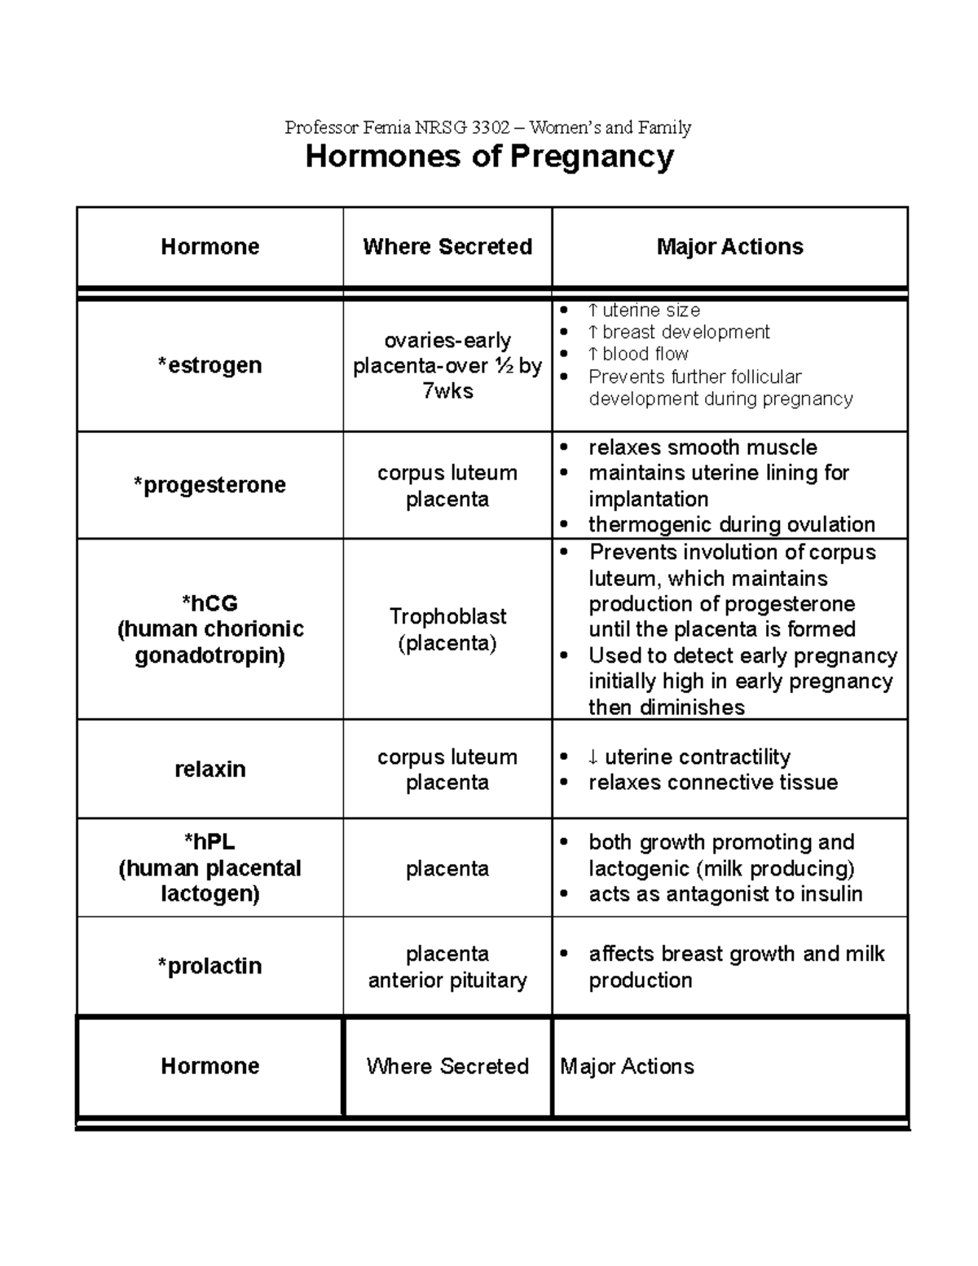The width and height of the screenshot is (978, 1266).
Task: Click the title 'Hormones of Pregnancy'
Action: coord(489,157)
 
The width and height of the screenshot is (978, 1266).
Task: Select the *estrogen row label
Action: coord(209,365)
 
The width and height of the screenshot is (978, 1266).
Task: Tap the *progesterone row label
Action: coord(209,485)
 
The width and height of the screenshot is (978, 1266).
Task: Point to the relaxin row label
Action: coord(209,769)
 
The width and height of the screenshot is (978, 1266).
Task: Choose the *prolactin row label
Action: coord(209,966)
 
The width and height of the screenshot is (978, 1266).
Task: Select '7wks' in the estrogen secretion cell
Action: coord(447,391)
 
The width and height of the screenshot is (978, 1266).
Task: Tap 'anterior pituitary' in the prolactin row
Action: coord(447,980)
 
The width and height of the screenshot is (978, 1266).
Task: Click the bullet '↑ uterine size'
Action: coord(643,311)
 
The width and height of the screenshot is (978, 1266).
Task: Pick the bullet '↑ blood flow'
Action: coord(637,354)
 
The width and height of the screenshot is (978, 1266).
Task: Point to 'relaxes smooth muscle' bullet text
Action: coord(703,448)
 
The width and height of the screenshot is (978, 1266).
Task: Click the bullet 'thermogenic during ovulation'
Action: coord(731,524)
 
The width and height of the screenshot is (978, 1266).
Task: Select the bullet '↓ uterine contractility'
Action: coord(689,757)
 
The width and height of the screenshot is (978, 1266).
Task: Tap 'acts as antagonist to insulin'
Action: coord(725,894)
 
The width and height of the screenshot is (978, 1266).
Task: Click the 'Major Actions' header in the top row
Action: coord(729,247)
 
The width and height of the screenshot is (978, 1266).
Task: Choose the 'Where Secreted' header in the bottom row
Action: coord(447,1066)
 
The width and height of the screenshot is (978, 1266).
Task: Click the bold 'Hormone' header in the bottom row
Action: coord(209,1066)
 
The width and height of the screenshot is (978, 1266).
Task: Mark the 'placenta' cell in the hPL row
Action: coord(447,869)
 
